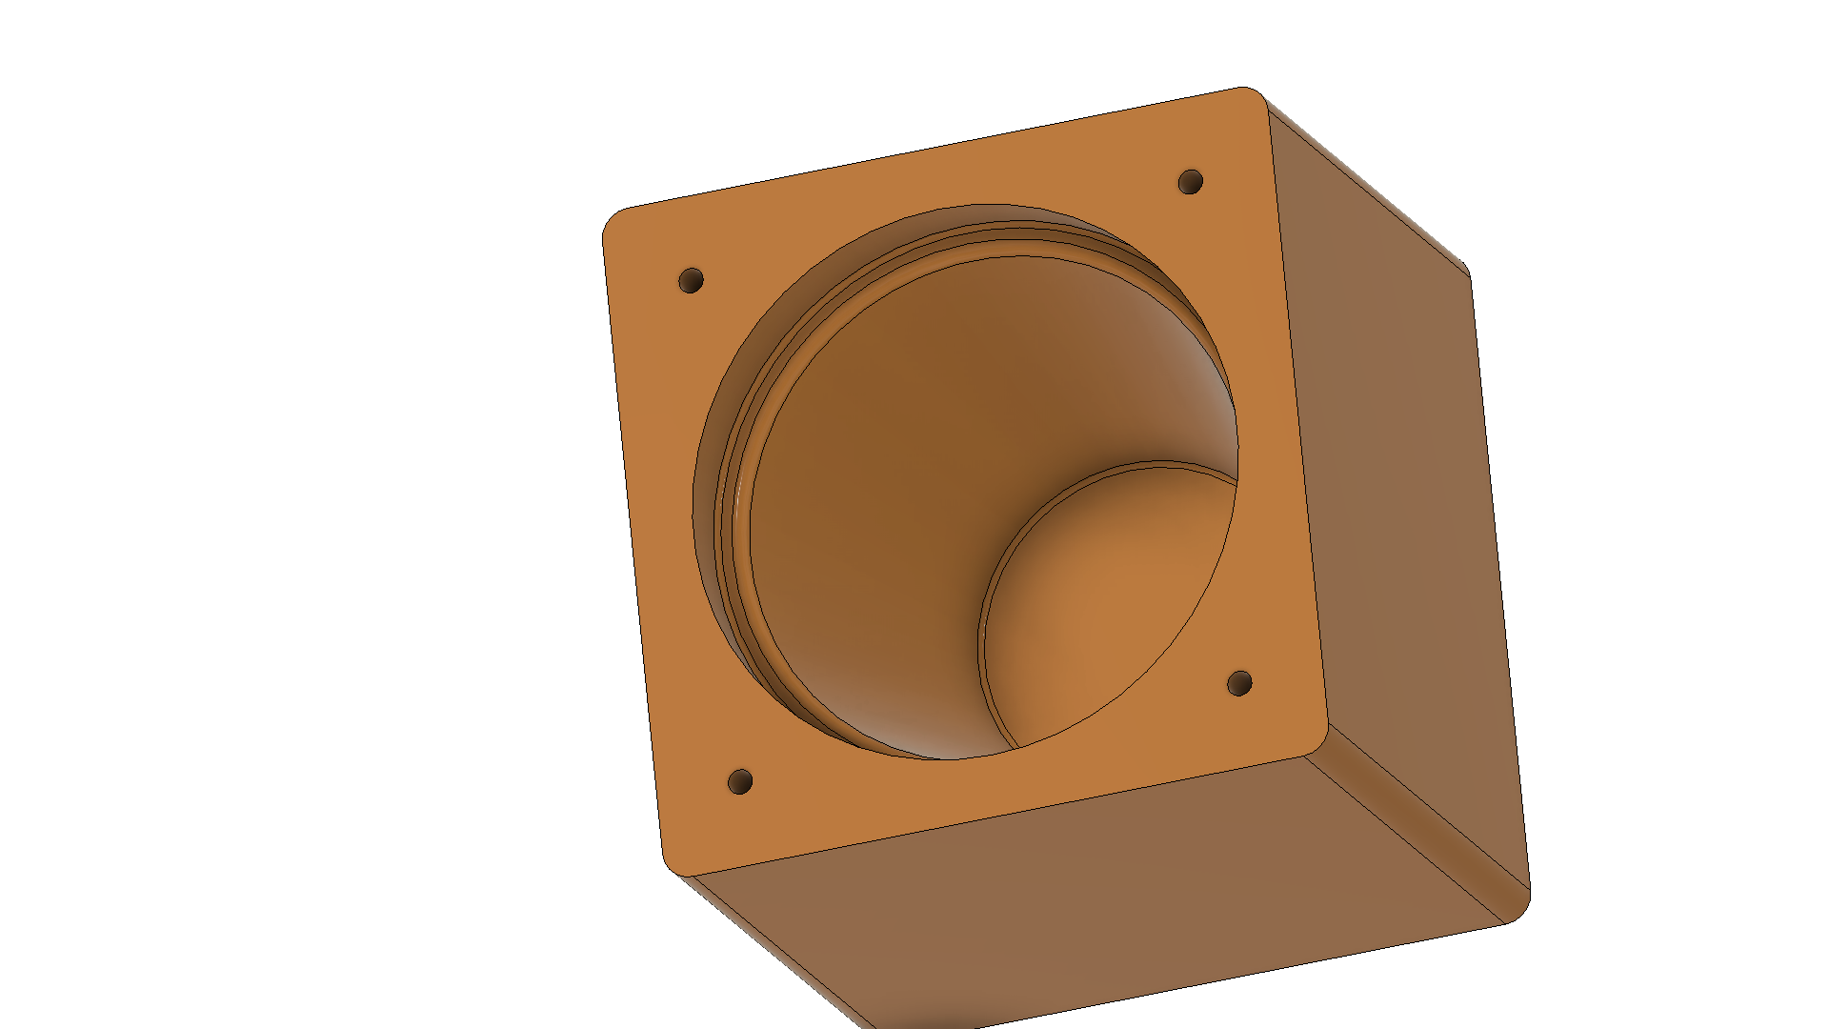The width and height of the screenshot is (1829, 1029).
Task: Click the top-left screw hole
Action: [x=691, y=280]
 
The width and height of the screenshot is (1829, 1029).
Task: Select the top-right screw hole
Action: [x=1191, y=181]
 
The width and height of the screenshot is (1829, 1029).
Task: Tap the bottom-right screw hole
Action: [x=1239, y=683]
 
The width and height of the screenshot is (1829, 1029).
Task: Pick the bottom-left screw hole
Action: [x=740, y=782]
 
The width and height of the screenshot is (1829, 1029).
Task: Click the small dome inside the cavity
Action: [x=1105, y=610]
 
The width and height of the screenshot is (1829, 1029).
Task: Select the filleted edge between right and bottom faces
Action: [x=1419, y=829]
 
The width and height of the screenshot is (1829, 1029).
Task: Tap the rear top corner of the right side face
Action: [x=1462, y=267]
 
